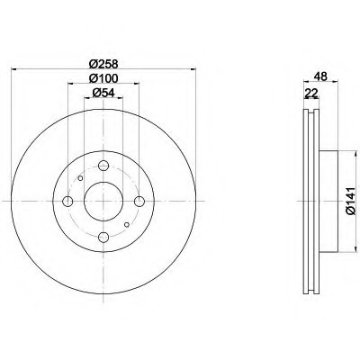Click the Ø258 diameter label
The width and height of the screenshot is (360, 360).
[103, 64]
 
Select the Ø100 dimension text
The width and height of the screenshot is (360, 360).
[103, 78]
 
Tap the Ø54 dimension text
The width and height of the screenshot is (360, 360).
[103, 93]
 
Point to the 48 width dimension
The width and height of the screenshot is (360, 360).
[320, 76]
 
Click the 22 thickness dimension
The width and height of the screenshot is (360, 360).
[311, 94]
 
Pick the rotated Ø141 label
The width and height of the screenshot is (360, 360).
[350, 201]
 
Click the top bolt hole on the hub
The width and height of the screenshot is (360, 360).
[103, 166]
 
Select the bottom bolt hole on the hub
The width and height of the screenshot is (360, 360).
[103, 237]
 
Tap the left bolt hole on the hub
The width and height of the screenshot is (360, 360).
[67, 201]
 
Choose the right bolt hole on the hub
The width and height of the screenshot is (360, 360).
[139, 201]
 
